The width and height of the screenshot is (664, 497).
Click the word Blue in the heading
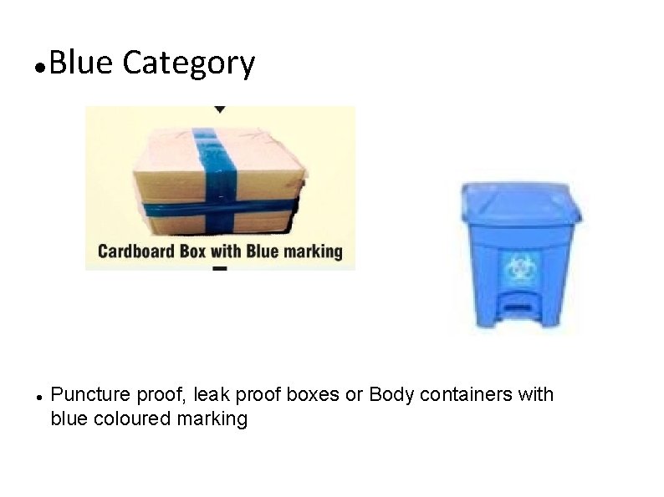coord(80,63)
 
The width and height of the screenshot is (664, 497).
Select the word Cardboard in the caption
coord(135,251)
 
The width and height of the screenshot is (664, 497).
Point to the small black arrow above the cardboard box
coord(219,109)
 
